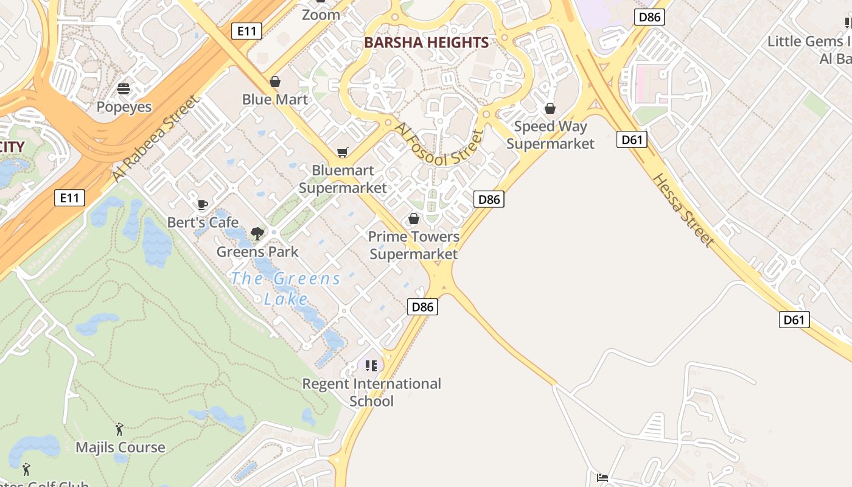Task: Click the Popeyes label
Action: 124,107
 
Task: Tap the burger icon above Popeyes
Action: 124,89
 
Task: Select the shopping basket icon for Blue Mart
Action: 275,82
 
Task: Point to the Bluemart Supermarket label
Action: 343,179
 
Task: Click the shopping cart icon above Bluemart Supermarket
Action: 343,153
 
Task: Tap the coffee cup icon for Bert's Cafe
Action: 203,205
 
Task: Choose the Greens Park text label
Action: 257,251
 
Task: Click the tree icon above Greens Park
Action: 257,233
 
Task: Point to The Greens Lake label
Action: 286,289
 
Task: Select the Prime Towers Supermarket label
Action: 414,245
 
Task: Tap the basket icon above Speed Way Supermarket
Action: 550,109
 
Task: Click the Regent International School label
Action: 372,392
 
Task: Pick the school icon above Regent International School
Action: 371,366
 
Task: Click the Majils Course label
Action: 120,447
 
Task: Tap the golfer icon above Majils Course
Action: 119,430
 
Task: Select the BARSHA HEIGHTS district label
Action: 426,43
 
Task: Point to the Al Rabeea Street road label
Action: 156,138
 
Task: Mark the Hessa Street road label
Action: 683,210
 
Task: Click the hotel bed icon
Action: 602,478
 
